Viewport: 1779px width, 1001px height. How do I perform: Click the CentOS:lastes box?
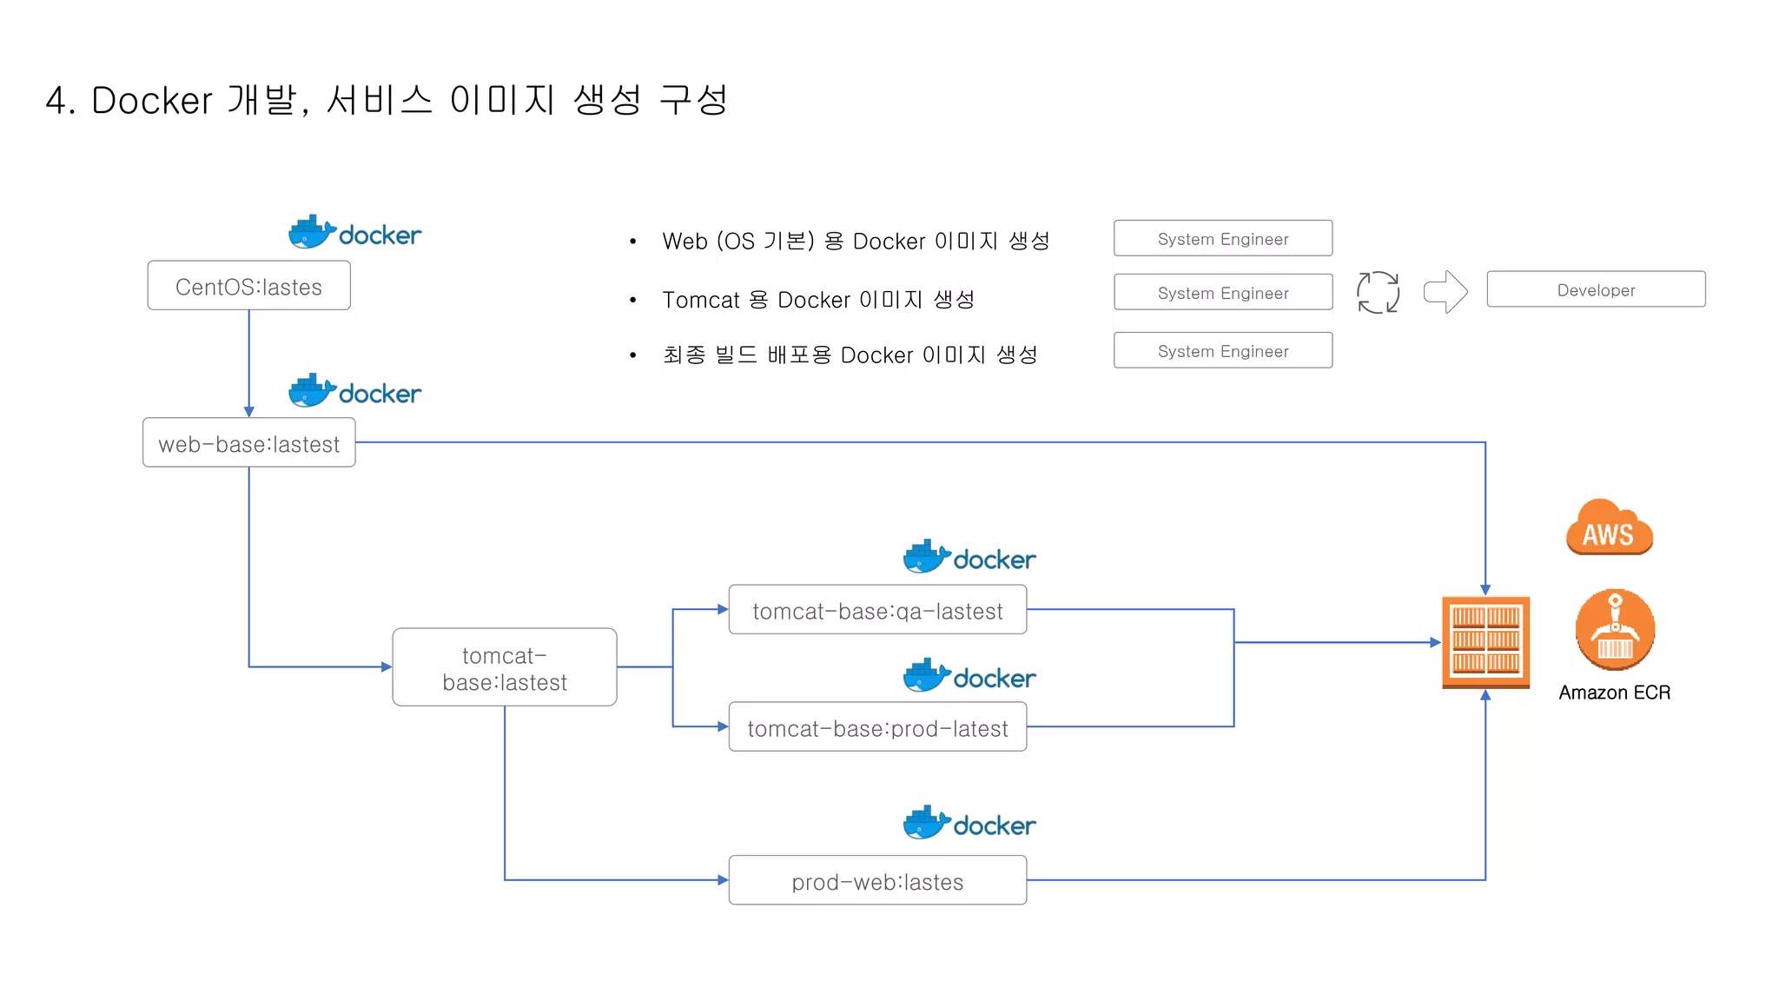tap(248, 286)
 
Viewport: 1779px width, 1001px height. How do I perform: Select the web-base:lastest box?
tap(248, 443)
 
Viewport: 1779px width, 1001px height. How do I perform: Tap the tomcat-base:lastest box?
tap(504, 667)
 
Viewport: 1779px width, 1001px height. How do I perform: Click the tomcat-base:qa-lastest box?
tap(877, 610)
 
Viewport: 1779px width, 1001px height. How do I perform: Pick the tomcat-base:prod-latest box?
tap(877, 727)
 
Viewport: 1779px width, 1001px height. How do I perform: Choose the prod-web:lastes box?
tap(877, 881)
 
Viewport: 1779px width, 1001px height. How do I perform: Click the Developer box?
tap(1596, 289)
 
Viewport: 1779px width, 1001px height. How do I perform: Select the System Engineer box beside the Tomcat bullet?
tap(1222, 293)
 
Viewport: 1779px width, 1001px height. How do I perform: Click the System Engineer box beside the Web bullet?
tap(1222, 238)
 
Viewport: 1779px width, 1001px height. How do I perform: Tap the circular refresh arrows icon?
tap(1378, 292)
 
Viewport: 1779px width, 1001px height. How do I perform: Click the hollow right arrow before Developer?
tap(1445, 291)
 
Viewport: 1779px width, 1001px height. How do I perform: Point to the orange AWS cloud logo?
tap(1609, 528)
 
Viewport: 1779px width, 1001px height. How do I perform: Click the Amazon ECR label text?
tap(1614, 693)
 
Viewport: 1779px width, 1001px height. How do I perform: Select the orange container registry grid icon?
tap(1485, 642)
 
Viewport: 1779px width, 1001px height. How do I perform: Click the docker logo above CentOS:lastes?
tap(354, 232)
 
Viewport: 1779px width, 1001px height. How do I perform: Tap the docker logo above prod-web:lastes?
tap(969, 822)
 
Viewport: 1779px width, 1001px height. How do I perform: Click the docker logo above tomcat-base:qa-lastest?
tap(969, 556)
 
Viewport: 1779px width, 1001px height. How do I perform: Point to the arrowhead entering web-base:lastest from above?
tap(249, 412)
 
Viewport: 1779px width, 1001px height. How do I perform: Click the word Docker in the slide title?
tap(152, 101)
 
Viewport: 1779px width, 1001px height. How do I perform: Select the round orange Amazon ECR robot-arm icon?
tap(1615, 630)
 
